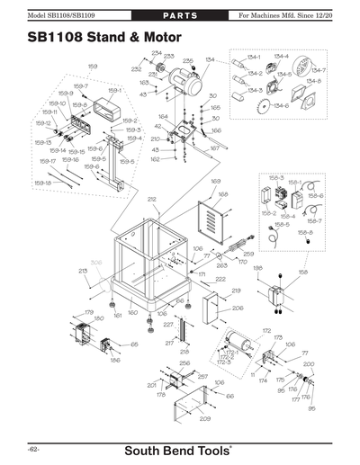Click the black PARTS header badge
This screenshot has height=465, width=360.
(180, 16)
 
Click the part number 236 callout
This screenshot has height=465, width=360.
(188, 60)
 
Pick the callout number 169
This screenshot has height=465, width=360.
(216, 182)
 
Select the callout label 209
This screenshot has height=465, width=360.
(204, 418)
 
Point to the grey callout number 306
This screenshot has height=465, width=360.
(95, 263)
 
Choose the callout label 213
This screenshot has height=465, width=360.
(83, 271)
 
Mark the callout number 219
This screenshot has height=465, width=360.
(237, 291)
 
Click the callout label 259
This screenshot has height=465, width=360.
(248, 254)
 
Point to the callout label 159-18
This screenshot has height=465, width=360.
(42, 183)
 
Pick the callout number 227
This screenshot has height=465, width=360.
(167, 324)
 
